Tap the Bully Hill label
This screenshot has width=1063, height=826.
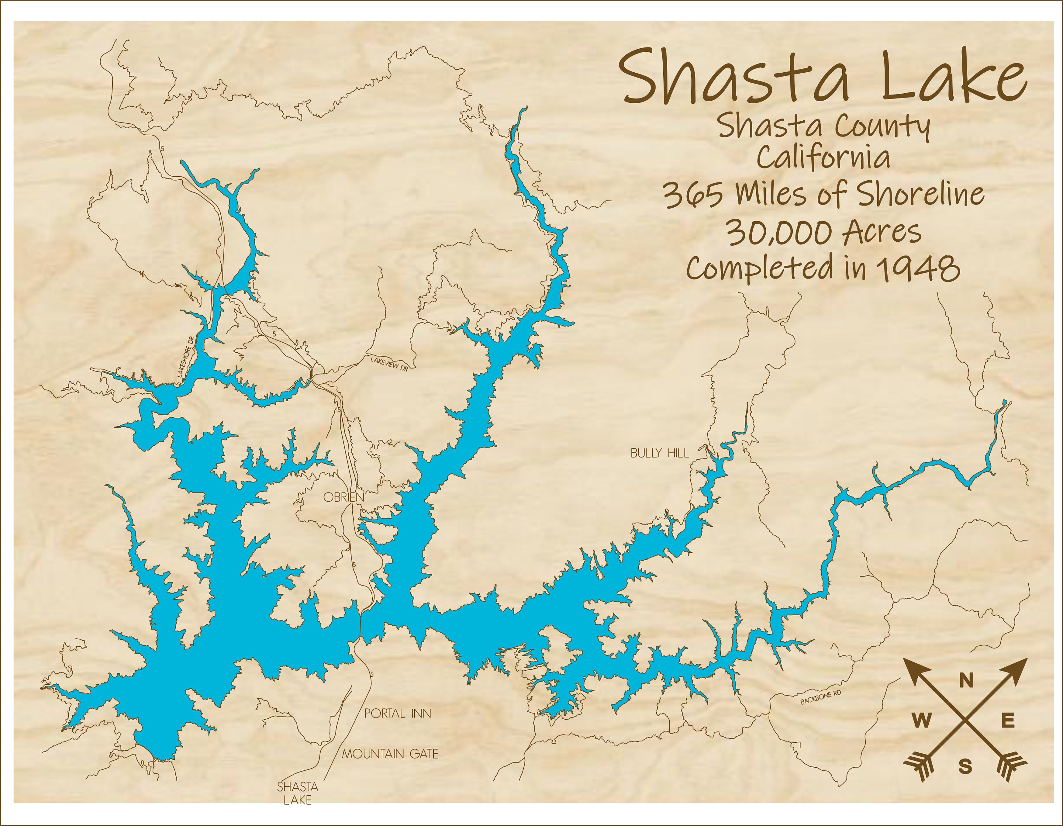tap(659, 453)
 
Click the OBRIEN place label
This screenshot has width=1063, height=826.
tap(344, 498)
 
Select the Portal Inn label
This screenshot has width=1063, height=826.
tap(398, 714)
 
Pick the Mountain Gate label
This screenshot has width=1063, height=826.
tap(390, 754)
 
